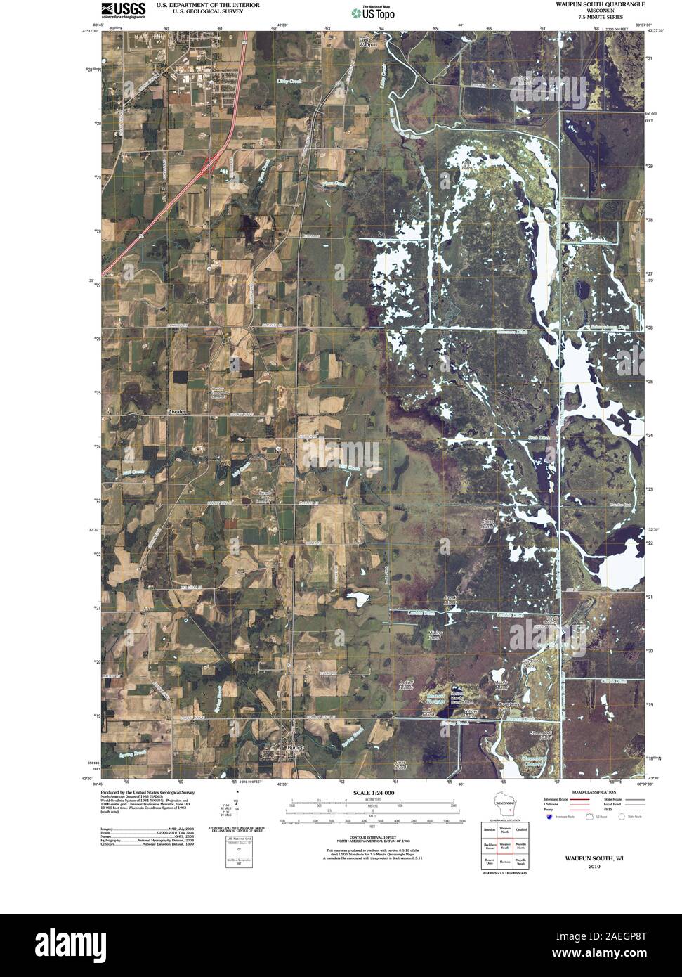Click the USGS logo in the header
pos(124,9)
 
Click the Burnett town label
pos(290,748)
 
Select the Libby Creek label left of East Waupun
pos(289,82)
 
